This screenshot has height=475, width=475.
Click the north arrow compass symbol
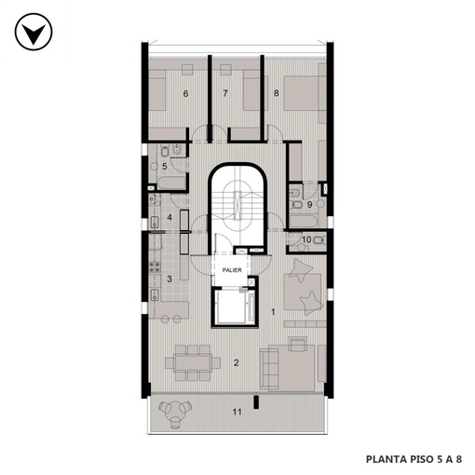(x=34, y=32)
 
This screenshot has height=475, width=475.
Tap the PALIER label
(x=232, y=270)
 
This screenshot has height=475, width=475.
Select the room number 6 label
(x=185, y=93)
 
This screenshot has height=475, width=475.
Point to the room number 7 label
(x=225, y=93)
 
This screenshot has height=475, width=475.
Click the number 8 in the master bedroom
(x=277, y=93)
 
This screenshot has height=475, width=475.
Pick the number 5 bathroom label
(x=165, y=167)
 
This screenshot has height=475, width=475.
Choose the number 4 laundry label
(x=170, y=217)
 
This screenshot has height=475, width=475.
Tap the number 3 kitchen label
(x=170, y=278)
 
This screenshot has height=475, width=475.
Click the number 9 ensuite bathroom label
(x=309, y=205)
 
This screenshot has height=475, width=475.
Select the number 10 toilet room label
(x=306, y=239)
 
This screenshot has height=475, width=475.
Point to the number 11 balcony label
(x=237, y=412)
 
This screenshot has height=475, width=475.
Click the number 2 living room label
(x=237, y=362)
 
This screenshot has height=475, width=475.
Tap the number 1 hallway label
(x=273, y=312)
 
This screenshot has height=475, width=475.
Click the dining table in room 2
(x=193, y=362)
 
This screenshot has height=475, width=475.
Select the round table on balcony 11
(x=174, y=412)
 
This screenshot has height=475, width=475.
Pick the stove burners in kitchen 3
(x=155, y=267)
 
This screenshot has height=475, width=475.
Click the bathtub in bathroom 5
(x=171, y=183)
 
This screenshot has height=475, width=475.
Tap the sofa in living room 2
(x=269, y=368)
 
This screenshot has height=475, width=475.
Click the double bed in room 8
(x=303, y=93)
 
